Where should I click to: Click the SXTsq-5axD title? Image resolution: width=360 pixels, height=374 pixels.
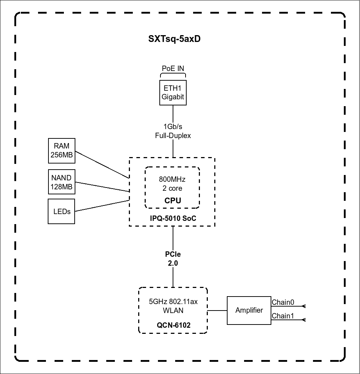pos(174,39)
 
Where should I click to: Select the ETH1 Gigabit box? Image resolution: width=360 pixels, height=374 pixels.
pos(173,93)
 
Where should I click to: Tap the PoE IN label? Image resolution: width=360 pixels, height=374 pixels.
pos(173,68)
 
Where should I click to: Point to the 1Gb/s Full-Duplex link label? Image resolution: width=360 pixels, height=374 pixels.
pos(173,131)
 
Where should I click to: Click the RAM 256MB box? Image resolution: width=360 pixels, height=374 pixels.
pos(62,151)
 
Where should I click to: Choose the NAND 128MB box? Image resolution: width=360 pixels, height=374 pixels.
pos(62,182)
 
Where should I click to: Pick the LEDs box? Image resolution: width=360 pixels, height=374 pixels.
pos(62,212)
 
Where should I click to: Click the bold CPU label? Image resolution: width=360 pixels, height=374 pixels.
pos(173,200)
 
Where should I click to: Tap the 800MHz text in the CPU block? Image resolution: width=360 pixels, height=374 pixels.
pos(173,179)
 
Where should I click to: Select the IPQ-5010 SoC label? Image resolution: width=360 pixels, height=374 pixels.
pos(173,218)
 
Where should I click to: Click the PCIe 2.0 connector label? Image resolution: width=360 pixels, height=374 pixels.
pos(173,259)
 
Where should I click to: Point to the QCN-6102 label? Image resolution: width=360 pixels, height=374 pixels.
pos(173,325)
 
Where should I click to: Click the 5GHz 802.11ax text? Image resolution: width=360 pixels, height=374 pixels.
pos(173,302)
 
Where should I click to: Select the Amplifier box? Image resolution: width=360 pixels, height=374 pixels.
pos(249,311)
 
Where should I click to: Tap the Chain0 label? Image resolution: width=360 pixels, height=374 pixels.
pos(283,302)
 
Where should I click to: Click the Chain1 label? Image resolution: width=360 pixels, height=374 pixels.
pos(283,316)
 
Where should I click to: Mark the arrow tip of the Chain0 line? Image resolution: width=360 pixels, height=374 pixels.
pos(304,306)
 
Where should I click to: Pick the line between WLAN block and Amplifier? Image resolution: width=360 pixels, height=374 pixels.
pos(217,311)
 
